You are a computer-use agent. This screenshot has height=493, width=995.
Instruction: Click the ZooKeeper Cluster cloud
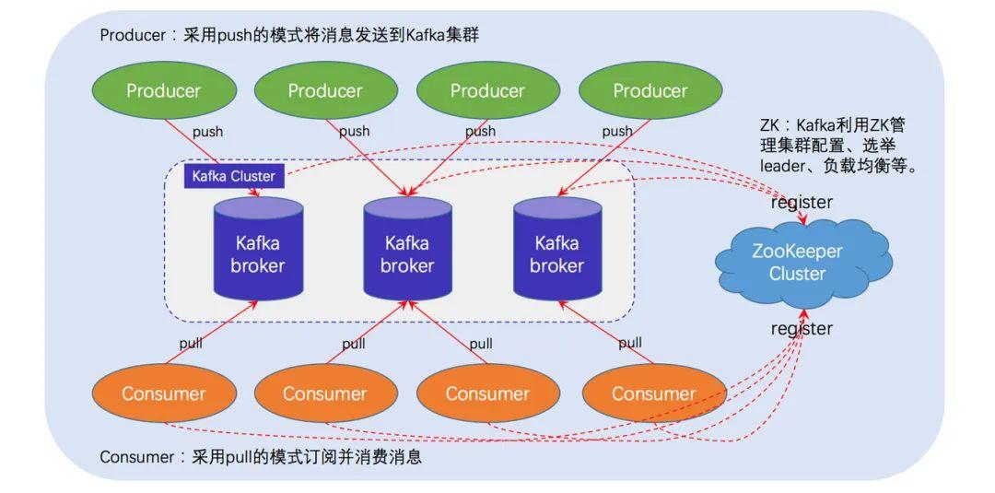pyautogui.click(x=798, y=262)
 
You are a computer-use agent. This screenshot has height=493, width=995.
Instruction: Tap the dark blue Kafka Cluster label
pyautogui.click(x=234, y=176)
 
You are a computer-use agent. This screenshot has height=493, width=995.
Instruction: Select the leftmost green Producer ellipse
pyautogui.click(x=163, y=90)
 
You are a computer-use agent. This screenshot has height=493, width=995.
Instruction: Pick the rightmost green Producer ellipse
pyautogui.click(x=650, y=90)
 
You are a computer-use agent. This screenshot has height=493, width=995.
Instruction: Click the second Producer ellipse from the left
pyautogui.click(x=324, y=90)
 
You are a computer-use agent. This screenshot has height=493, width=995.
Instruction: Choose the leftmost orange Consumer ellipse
pyautogui.click(x=163, y=393)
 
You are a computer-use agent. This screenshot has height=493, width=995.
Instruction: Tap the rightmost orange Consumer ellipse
pyautogui.click(x=653, y=393)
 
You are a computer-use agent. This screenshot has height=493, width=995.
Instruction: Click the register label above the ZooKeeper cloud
pyautogui.click(x=802, y=202)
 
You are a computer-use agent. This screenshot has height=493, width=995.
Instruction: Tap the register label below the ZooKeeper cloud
pyautogui.click(x=802, y=328)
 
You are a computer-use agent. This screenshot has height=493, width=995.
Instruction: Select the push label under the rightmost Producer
pyautogui.click(x=617, y=131)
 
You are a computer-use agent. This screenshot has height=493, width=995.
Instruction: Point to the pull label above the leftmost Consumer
pyautogui.click(x=191, y=344)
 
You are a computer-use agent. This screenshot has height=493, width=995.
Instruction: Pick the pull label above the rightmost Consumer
pyautogui.click(x=630, y=343)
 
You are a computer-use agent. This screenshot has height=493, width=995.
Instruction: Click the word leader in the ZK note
pyautogui.click(x=784, y=167)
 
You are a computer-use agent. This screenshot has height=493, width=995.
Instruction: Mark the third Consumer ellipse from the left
pyautogui.click(x=487, y=393)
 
